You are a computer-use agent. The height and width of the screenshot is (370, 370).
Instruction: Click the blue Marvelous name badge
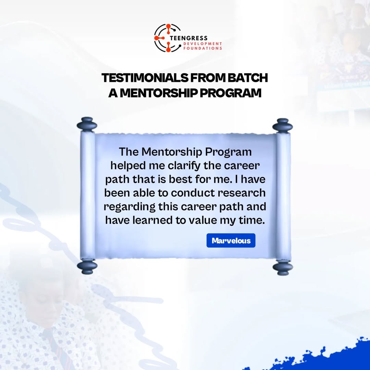pyautogui.click(x=231, y=241)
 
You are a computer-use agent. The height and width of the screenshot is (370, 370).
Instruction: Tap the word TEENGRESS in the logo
pyautogui.click(x=188, y=38)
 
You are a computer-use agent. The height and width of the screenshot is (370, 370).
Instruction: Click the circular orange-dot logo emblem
pyautogui.click(x=167, y=38)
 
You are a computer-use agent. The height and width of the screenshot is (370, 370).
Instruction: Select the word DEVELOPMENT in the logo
pyautogui.click(x=203, y=44)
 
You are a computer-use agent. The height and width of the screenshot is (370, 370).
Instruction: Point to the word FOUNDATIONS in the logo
pyautogui.click(x=203, y=48)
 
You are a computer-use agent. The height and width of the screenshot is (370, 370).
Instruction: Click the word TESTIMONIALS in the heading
pyautogui.click(x=145, y=78)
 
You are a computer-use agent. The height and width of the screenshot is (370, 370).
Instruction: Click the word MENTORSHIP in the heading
pyautogui.click(x=159, y=93)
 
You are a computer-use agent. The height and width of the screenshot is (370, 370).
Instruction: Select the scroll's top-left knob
pyautogui.click(x=87, y=124)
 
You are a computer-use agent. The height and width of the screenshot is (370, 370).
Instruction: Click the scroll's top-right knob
pyautogui.click(x=282, y=126)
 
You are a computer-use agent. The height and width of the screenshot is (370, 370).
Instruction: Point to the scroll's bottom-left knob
pyautogui.click(x=87, y=267)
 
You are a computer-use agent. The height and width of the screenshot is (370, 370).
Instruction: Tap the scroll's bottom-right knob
pyautogui.click(x=283, y=268)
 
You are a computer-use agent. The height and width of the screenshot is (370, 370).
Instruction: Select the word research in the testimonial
pyautogui.click(x=242, y=193)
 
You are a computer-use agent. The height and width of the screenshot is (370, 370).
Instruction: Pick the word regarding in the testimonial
pyautogui.click(x=129, y=207)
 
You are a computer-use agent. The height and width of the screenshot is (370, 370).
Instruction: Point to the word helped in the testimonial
pyautogui.click(x=128, y=166)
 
